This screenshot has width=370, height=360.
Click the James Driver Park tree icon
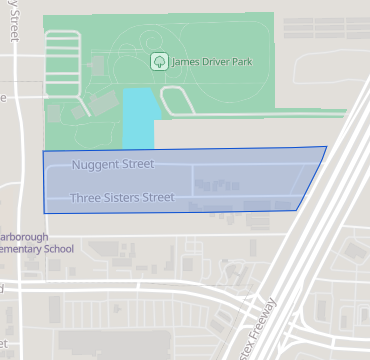158,62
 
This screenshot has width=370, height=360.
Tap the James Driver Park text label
207,62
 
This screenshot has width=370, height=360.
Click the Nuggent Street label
113,164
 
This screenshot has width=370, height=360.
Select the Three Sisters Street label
122,198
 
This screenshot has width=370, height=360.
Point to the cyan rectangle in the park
137,118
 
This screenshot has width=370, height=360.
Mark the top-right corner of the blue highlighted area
326,147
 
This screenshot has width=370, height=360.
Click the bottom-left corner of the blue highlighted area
44,213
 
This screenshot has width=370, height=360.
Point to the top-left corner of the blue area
43,151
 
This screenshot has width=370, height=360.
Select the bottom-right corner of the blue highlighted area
297,210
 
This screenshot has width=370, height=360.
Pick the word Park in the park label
237,62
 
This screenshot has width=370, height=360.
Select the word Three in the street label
84,198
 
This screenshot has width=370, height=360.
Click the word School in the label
57,249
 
